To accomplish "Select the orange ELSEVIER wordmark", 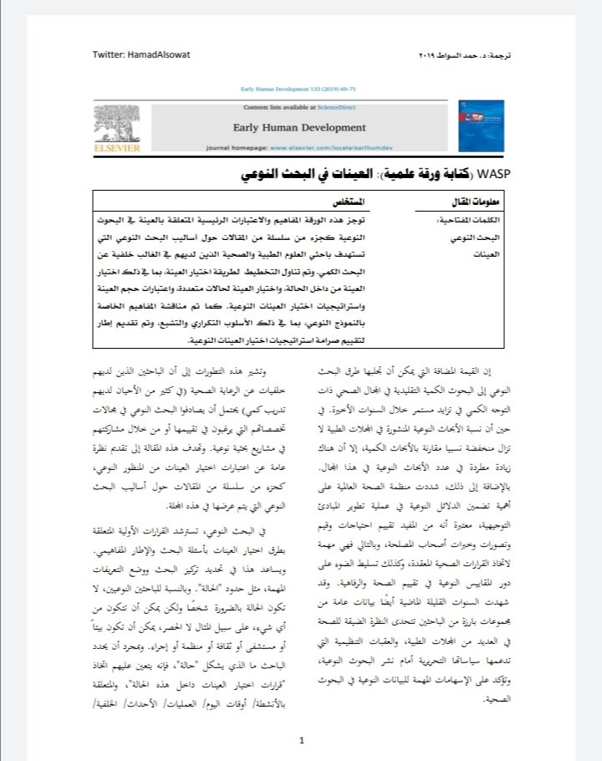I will coord(117,148).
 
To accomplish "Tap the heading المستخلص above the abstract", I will coord(325,202).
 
